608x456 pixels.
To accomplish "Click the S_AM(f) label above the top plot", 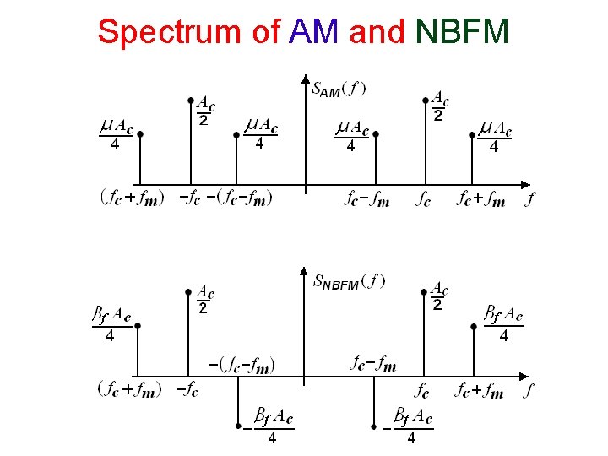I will coord(339,88).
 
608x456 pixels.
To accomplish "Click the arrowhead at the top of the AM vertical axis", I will coord(305,81).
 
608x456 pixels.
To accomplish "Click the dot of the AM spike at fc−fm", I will coord(376,133).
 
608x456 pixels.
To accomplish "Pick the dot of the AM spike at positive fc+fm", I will coord(472,133).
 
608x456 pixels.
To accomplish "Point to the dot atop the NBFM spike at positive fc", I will coord(425,291).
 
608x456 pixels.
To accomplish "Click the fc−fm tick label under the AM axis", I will coord(367,199).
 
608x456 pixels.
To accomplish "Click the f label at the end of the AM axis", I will coord(529,199).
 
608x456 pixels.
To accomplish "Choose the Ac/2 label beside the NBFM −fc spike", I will coord(205,300).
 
